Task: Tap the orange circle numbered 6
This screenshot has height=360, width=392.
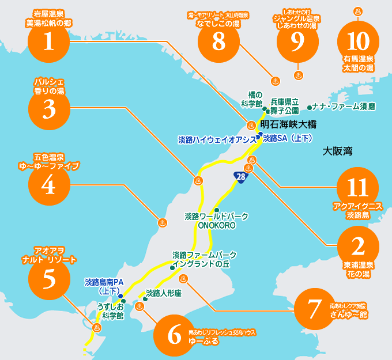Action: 175,335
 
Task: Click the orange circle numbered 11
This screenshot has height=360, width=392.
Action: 358,188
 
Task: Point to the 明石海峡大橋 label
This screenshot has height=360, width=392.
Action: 288,124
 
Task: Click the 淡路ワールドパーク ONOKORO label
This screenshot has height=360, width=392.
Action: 216,221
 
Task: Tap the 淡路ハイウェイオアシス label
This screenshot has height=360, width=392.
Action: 216,139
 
